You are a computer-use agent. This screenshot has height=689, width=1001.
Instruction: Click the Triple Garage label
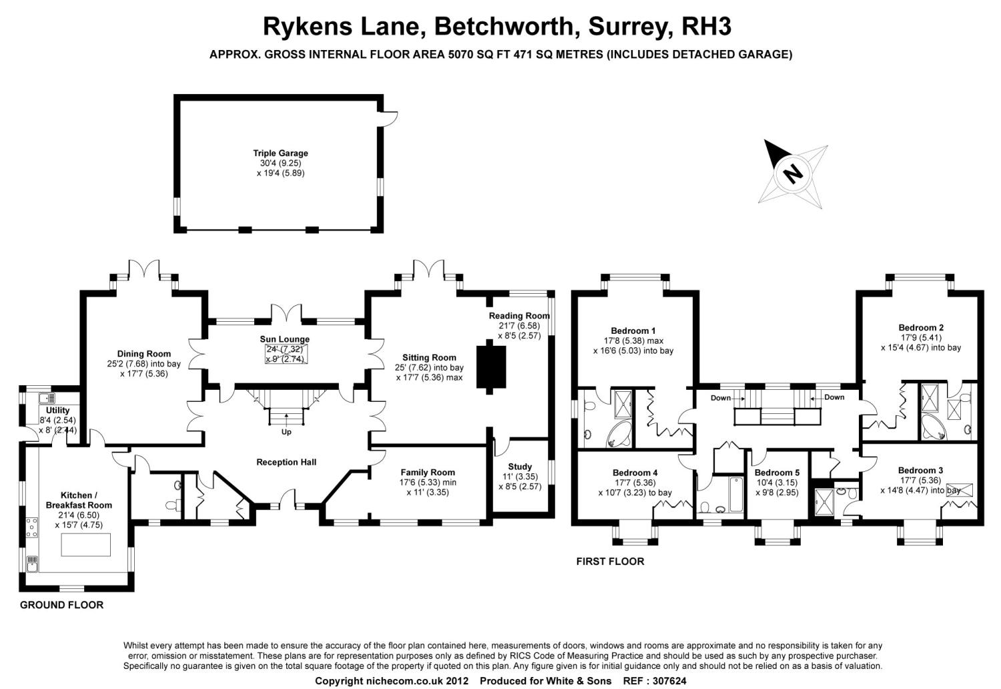(280, 154)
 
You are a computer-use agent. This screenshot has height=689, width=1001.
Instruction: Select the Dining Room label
(143, 354)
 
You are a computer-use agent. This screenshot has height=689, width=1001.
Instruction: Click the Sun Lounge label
(285, 339)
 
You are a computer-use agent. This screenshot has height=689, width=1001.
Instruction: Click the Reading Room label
(519, 316)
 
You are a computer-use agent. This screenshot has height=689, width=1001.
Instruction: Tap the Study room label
(520, 467)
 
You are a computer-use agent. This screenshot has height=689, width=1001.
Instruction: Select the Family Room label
(428, 473)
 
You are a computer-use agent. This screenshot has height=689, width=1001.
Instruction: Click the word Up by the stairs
(286, 432)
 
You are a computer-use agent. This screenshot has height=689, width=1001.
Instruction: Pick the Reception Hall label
(286, 462)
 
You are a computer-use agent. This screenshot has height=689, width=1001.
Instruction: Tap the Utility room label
(58, 411)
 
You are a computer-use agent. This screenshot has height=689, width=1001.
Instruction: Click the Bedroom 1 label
(633, 330)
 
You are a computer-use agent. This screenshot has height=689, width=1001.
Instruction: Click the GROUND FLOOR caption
(61, 605)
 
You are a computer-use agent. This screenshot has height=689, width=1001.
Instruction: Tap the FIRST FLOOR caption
(610, 561)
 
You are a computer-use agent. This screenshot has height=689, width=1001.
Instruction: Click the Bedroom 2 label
(921, 328)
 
